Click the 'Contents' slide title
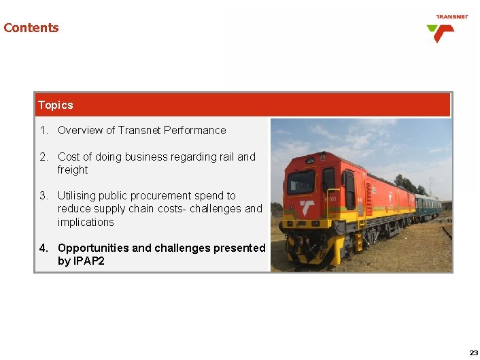click(x=31, y=28)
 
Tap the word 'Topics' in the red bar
click(x=56, y=105)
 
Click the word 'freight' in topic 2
click(x=73, y=169)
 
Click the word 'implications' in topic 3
click(x=86, y=222)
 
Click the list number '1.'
click(x=44, y=130)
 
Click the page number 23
click(x=473, y=353)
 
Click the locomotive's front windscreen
click(x=301, y=181)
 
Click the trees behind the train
click(x=408, y=184)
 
